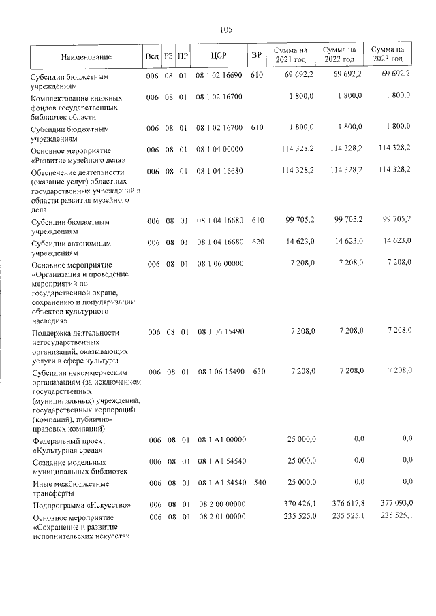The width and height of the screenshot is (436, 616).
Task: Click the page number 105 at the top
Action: click(226, 29)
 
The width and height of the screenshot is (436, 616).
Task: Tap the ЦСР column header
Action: click(218, 55)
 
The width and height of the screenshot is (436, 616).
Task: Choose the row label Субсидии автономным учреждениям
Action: click(67, 247)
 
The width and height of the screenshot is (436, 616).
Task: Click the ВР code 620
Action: click(258, 242)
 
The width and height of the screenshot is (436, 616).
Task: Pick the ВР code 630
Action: click(258, 372)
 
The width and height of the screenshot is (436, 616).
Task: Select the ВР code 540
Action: click(258, 483)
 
